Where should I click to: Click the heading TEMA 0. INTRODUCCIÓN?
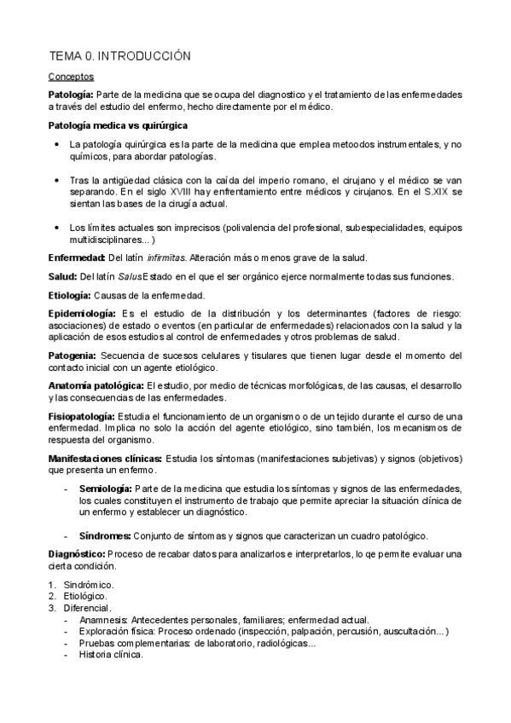click(119, 56)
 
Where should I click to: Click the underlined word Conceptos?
click(71, 77)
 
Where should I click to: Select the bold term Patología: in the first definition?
click(71, 93)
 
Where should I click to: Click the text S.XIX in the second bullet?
click(438, 193)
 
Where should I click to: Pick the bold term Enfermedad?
click(77, 257)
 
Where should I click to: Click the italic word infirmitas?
click(165, 257)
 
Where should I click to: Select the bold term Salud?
click(62, 276)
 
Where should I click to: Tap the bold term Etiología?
click(69, 295)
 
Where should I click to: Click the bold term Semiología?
click(105, 488)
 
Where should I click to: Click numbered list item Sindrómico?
click(89, 585)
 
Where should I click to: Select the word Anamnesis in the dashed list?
click(102, 620)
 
